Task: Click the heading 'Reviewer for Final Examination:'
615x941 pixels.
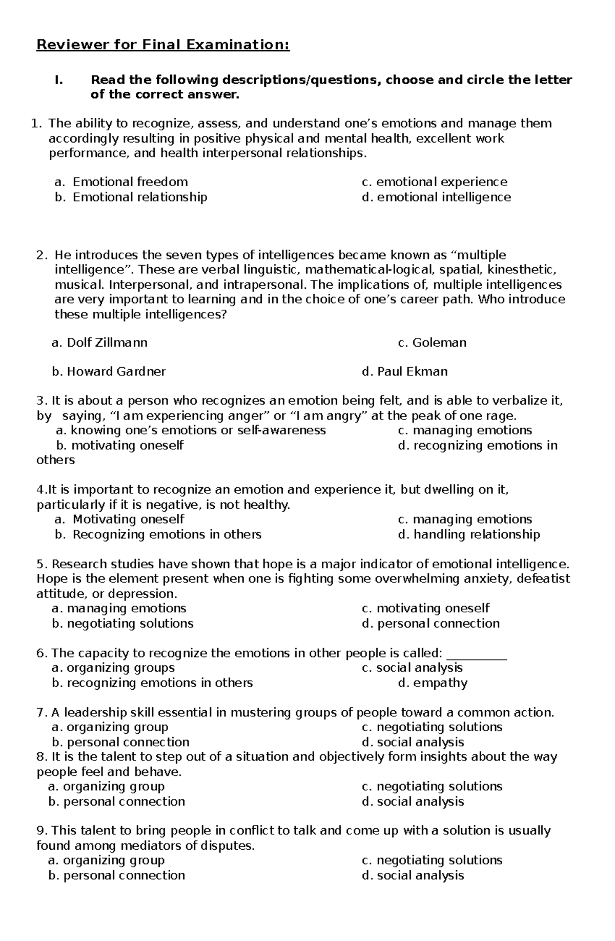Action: point(163,45)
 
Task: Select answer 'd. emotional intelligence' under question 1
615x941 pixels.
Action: point(436,197)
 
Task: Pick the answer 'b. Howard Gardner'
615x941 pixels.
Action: point(109,371)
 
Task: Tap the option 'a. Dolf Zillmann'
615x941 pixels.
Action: point(99,343)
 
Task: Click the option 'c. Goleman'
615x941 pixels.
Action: point(432,343)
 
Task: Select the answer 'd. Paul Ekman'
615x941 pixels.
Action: point(404,371)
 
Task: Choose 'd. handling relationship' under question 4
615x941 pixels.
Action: point(468,534)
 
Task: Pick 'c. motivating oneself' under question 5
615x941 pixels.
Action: point(425,608)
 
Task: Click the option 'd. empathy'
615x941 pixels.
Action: point(433,683)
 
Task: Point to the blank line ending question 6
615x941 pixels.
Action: point(477,654)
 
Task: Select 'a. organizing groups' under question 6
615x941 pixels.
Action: point(113,668)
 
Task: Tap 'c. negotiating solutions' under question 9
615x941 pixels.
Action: point(432,860)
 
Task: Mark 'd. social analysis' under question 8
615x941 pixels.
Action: point(413,802)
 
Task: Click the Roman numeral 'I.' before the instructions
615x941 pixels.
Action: point(58,80)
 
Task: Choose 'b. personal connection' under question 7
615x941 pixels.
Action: point(120,742)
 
